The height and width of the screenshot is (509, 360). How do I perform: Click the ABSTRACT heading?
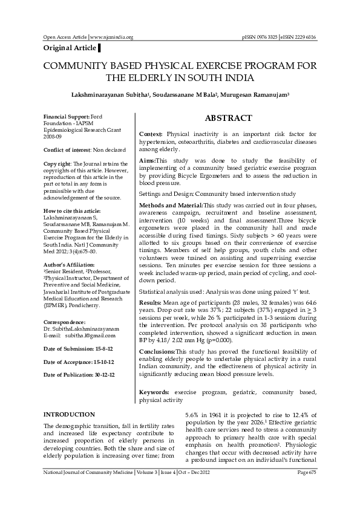[229, 118]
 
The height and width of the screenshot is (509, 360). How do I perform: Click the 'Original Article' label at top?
[68, 48]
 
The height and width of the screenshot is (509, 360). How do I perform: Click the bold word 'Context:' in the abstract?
[151, 133]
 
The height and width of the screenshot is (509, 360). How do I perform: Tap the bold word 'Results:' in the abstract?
[150, 301]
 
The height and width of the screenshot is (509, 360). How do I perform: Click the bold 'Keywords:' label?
[155, 392]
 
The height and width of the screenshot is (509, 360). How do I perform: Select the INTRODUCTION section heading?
[70, 414]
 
